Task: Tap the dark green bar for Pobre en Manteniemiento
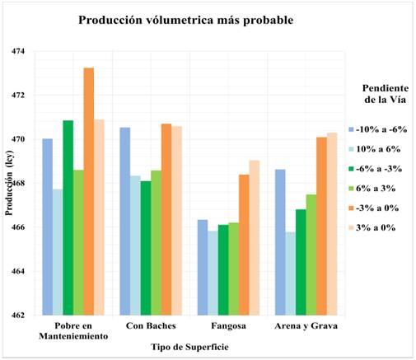tap(68, 217)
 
